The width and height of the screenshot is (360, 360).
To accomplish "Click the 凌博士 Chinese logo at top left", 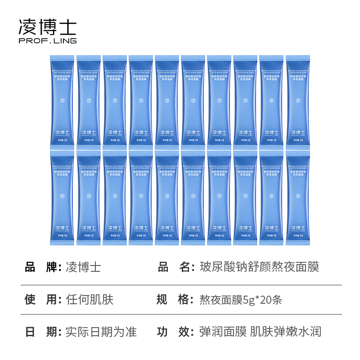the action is click(47, 27).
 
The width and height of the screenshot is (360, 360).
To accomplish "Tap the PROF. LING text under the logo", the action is click(47, 41).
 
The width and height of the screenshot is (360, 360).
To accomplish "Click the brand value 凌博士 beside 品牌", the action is click(83, 267).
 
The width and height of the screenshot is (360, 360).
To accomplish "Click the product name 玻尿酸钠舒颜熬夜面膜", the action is click(259, 267).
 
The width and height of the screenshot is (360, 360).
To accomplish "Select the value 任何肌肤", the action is click(90, 299).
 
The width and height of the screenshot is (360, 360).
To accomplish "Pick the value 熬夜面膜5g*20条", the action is click(241, 299).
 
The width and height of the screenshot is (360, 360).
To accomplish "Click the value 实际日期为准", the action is click(101, 332).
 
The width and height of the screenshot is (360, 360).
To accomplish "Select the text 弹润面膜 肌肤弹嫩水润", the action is click(260, 332).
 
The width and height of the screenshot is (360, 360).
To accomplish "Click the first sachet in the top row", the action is click(62, 100).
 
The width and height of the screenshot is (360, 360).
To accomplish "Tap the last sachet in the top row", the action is click(297, 100).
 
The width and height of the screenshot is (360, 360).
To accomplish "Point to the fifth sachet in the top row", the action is click(167, 100).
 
